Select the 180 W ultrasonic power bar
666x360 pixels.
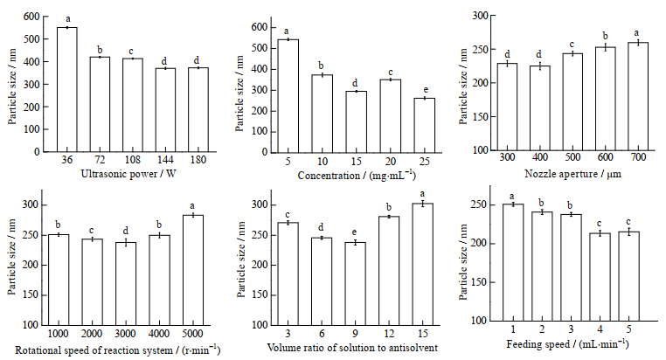(198, 109)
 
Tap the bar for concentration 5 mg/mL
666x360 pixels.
(288, 95)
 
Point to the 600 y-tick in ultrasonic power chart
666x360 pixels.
(31, 17)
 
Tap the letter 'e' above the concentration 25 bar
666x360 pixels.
(424, 90)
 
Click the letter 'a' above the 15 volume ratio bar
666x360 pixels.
(424, 194)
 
